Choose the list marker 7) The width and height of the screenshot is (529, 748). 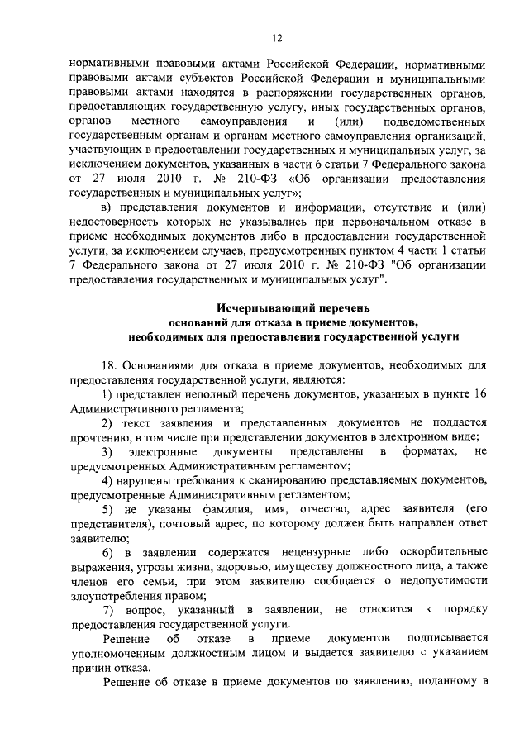(107, 609)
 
